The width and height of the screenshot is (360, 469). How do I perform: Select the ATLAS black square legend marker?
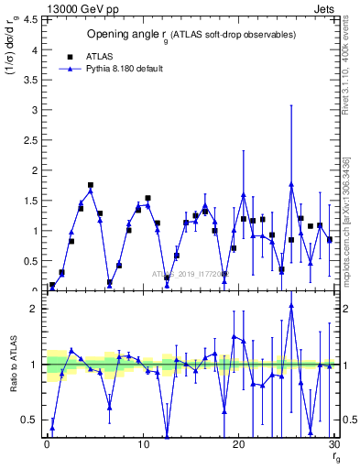pos(71,55)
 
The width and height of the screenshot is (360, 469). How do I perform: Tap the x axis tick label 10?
pos(143,444)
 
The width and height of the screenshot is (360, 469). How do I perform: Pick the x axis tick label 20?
pos(238,444)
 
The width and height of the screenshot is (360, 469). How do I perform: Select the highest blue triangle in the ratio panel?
pos(291,306)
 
